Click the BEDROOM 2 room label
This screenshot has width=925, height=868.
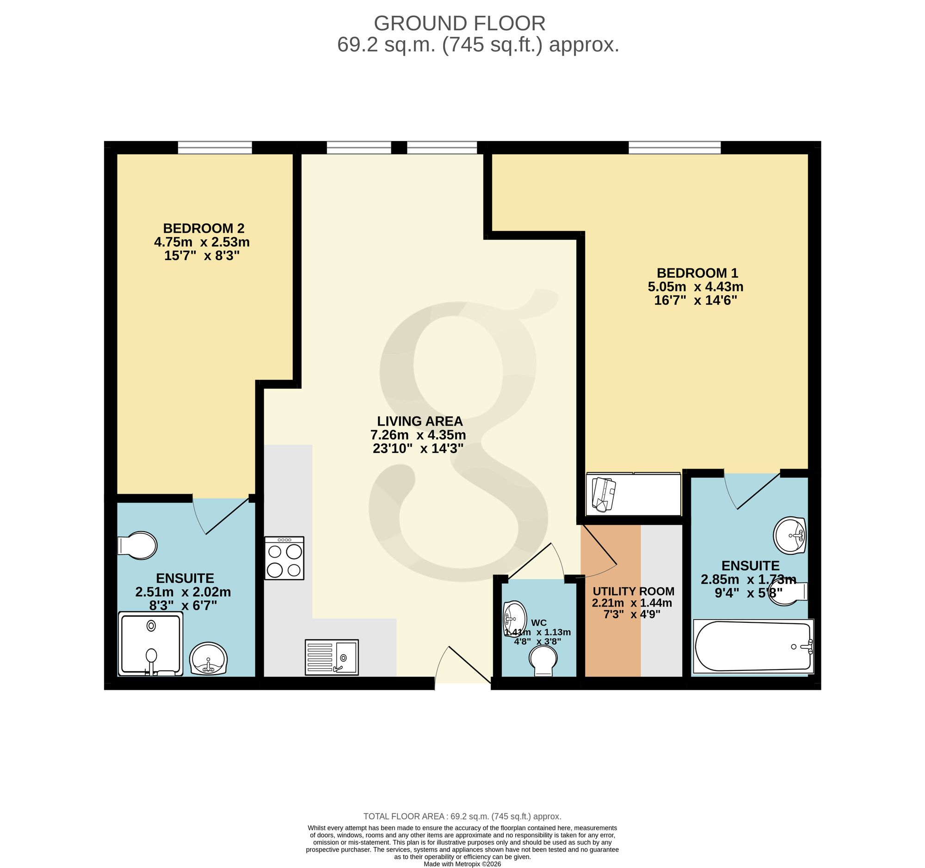tap(203, 229)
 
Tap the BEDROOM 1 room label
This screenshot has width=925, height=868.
tap(697, 273)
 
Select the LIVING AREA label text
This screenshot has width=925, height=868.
tap(419, 421)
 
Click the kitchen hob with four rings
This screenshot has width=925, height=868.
tap(284, 558)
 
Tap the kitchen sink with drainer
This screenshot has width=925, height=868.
tap(332, 657)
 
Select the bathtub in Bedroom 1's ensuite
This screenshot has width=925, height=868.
tap(753, 646)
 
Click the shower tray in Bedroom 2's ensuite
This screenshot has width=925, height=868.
tap(151, 644)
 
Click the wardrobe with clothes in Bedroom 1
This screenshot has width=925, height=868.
tap(633, 494)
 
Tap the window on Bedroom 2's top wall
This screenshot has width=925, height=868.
tap(215, 148)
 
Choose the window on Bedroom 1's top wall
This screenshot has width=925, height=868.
tap(675, 148)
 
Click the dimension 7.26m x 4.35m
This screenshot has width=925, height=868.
tap(418, 435)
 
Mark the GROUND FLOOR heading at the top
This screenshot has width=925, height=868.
tap(460, 23)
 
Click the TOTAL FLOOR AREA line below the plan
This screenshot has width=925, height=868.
tap(462, 816)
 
